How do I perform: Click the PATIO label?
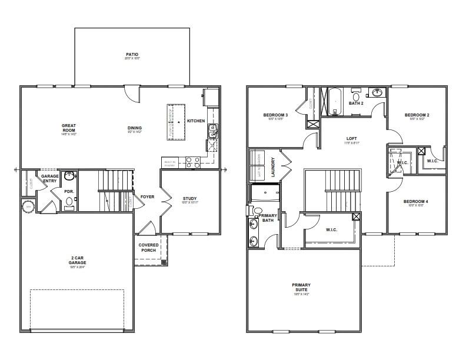[132, 54]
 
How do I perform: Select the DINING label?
[135, 128]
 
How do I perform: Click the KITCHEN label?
[196, 121]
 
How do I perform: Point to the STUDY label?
[189, 199]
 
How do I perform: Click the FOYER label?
[147, 196]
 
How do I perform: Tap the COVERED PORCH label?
[148, 248]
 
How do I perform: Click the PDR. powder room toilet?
[69, 201]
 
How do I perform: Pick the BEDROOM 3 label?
[275, 115]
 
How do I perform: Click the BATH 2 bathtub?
[335, 103]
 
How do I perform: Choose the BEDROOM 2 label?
[417, 115]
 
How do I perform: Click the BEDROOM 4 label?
[415, 202]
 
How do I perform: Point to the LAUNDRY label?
[273, 166]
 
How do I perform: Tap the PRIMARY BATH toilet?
[257, 211]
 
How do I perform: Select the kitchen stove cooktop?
[192, 162]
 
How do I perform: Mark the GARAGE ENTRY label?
[50, 179]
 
